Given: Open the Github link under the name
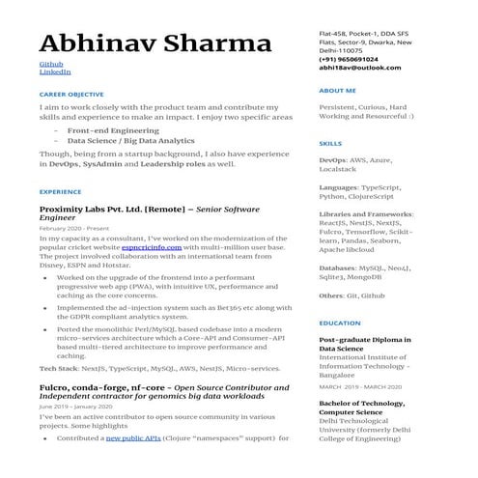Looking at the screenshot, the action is [x=49, y=64].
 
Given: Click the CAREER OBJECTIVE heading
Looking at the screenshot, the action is [x=70, y=94].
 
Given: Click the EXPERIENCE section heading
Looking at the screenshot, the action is [x=60, y=191].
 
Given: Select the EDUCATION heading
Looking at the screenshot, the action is [x=339, y=323].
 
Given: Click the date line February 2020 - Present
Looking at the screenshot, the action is [x=73, y=228].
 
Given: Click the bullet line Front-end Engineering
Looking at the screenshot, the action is [x=114, y=129].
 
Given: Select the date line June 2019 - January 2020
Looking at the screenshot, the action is [x=75, y=407].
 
